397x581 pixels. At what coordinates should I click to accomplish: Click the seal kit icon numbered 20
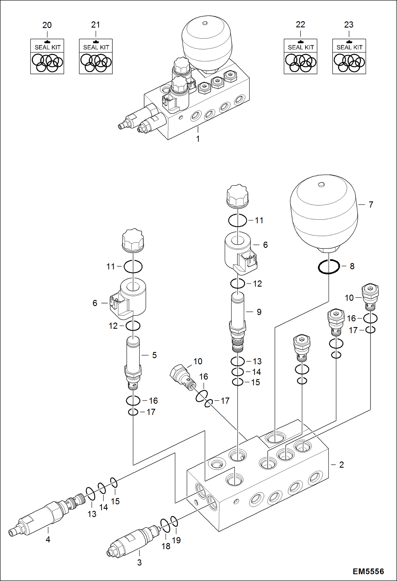[x=47, y=56]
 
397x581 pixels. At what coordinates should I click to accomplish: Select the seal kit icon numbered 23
[x=349, y=56]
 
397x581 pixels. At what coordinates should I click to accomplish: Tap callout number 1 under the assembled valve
[x=198, y=139]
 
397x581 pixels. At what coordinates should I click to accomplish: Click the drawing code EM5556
[x=368, y=571]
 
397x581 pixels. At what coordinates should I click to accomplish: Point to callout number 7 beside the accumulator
[x=371, y=205]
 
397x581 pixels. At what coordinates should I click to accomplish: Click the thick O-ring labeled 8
[x=329, y=267]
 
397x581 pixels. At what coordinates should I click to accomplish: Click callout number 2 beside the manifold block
[x=341, y=465]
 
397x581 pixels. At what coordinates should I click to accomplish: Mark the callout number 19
[x=176, y=540]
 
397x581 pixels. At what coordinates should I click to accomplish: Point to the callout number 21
[x=95, y=25]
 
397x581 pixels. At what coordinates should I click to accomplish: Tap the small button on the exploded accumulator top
[x=321, y=184]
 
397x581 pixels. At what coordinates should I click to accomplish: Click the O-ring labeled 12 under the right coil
[x=237, y=283]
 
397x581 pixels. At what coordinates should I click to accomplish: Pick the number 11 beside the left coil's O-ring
[x=111, y=266]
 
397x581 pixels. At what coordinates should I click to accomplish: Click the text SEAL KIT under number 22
[x=301, y=47]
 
